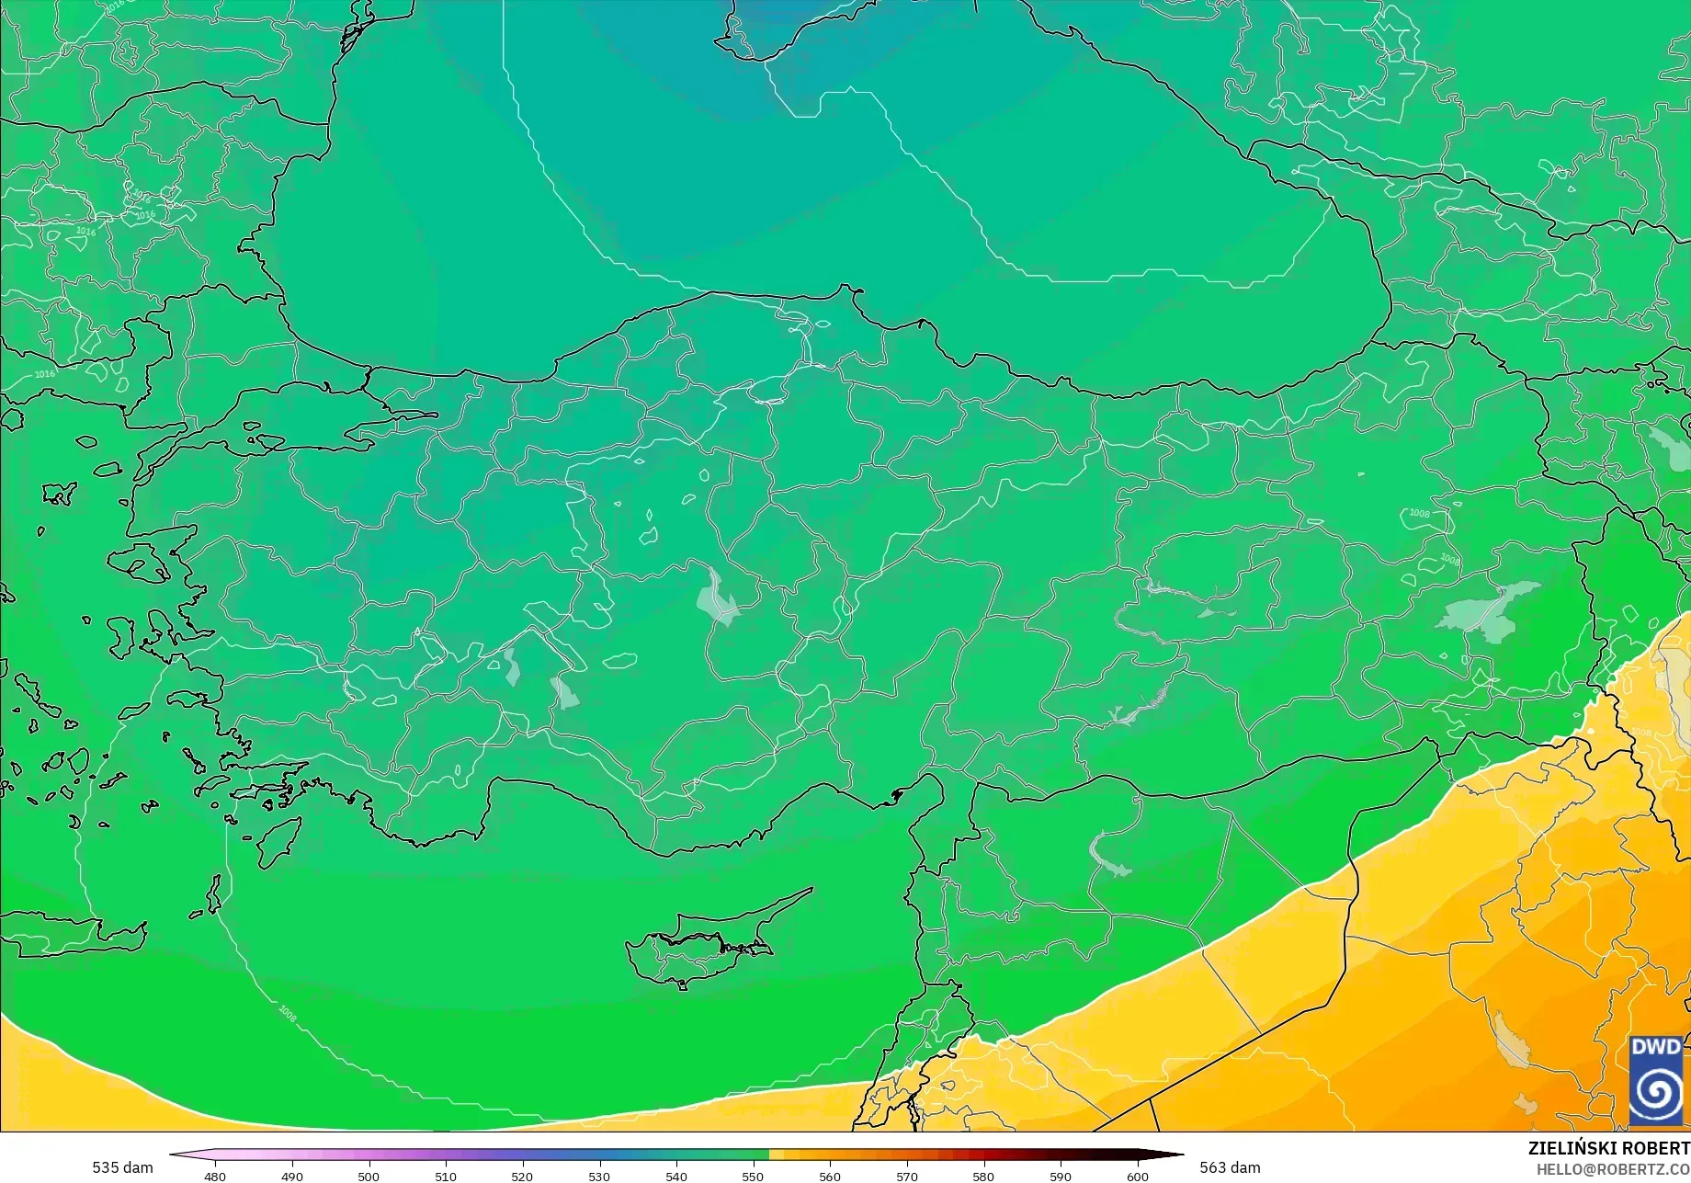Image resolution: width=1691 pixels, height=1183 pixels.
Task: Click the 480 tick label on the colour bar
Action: point(214,1177)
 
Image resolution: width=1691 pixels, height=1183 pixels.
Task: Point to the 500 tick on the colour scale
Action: point(369,1177)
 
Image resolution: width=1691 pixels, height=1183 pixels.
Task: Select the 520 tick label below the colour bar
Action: point(522,1177)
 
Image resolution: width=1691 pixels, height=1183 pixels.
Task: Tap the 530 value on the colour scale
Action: point(599,1177)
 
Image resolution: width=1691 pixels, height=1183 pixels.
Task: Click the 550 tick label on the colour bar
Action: point(753,1177)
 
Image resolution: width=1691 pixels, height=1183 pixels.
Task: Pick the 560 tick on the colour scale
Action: point(830,1177)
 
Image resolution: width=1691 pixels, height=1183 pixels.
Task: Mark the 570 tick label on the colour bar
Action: point(907,1177)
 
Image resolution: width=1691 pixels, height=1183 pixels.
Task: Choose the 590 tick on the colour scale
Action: point(1061,1177)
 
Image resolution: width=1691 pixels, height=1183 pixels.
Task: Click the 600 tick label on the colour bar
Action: point(1138,1177)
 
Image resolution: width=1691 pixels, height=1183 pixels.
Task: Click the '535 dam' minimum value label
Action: point(122,1167)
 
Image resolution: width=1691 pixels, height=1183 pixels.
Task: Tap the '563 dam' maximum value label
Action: point(1230,1167)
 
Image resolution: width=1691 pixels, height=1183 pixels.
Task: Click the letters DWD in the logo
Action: point(1656,1047)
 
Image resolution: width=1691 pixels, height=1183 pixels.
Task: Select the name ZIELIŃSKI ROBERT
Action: point(1608,1148)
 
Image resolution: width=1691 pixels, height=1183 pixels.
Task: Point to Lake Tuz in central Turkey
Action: point(717,600)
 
